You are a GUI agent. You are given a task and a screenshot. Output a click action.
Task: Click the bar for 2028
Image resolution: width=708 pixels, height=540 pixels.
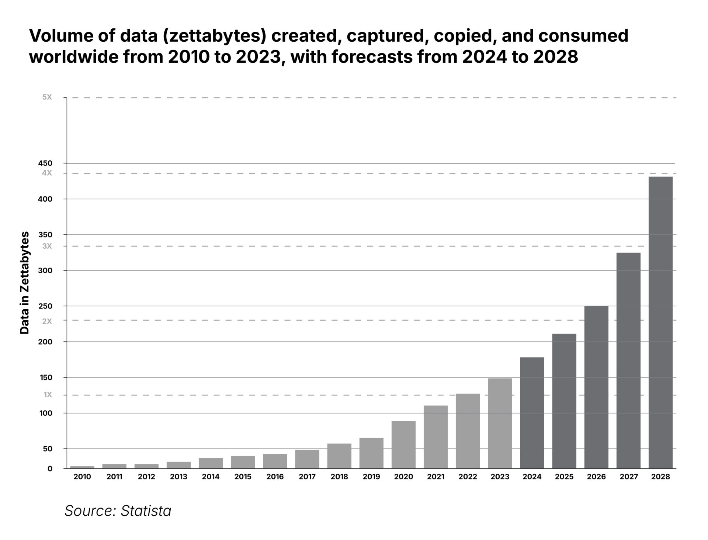[660, 323]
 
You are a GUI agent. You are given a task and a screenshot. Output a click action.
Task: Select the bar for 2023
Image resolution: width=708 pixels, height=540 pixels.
[500, 423]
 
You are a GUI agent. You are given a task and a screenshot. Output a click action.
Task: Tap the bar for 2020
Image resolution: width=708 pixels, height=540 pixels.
[403, 445]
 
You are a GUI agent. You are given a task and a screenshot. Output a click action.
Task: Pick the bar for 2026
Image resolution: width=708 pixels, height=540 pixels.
[596, 387]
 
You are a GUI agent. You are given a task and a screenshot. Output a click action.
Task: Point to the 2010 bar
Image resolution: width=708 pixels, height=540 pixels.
[82, 467]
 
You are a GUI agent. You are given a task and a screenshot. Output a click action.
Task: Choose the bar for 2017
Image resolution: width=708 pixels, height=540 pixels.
[307, 459]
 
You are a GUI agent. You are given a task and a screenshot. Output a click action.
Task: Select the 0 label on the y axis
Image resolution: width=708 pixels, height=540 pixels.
[50, 469]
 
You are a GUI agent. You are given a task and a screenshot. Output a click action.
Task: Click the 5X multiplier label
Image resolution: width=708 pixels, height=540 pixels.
[47, 97]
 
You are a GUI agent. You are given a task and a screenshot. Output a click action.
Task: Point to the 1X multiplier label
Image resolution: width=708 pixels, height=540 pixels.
[48, 395]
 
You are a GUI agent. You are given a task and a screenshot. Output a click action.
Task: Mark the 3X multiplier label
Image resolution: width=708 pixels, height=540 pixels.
[47, 246]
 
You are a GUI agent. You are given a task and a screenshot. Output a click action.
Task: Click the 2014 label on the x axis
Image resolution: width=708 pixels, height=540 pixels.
[211, 477]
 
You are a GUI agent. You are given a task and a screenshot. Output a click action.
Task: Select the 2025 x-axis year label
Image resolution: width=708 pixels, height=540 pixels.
[564, 477]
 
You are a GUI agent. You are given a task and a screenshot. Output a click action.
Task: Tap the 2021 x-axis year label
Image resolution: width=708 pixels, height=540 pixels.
[435, 477]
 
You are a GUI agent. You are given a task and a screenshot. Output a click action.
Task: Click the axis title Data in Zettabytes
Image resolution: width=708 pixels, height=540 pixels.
[24, 283]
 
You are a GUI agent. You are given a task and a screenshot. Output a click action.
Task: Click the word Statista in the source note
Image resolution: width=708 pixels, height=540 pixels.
[146, 511]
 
